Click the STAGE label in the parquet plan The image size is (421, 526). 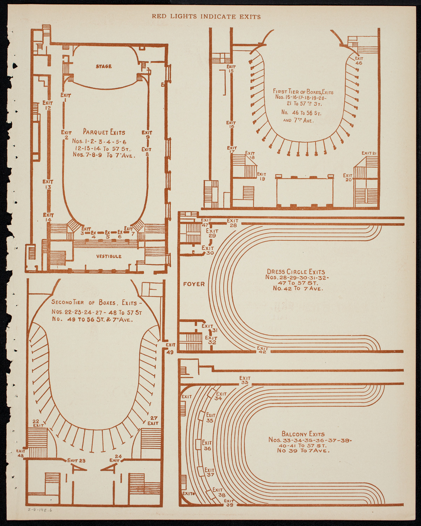(x=104, y=66)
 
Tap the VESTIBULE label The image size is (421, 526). (x=109, y=257)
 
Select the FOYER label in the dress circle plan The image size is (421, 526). (x=194, y=284)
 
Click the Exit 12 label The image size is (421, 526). (x=48, y=105)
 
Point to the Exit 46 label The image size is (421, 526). (x=359, y=61)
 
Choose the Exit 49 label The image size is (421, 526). (x=170, y=349)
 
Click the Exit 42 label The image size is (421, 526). (x=262, y=350)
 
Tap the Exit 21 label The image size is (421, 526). (x=369, y=153)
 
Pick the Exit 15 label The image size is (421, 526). (x=231, y=68)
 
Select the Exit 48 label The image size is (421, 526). (x=21, y=453)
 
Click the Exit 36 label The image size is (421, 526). (x=207, y=446)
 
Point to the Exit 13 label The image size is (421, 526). (x=48, y=185)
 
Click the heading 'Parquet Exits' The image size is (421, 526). (x=104, y=132)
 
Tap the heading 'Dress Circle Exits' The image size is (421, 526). (x=296, y=272)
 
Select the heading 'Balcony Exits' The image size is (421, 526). (x=303, y=434)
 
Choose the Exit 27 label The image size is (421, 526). (x=153, y=420)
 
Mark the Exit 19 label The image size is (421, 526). (x=262, y=176)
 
